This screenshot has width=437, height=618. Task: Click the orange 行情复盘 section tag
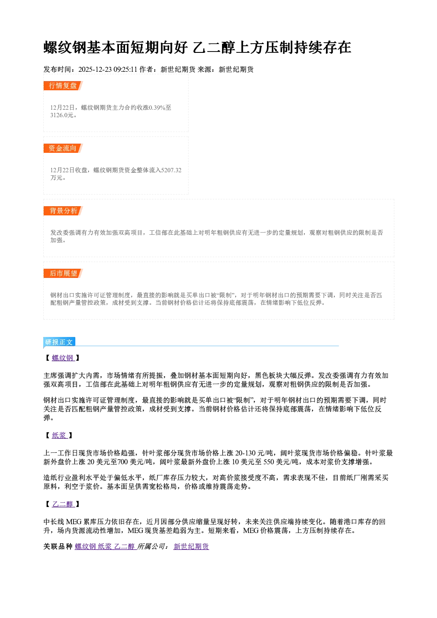click(63, 85)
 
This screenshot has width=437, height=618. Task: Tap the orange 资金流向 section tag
click(63, 148)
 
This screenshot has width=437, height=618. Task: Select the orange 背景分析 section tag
click(63, 211)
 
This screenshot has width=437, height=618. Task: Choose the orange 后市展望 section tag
click(63, 274)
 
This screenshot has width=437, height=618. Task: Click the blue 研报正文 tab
click(59, 342)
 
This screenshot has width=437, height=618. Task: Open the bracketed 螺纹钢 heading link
click(63, 358)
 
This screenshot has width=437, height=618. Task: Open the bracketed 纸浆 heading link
click(59, 435)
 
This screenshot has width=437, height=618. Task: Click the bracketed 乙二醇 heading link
click(63, 504)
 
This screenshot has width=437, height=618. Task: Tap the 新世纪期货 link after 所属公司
click(191, 546)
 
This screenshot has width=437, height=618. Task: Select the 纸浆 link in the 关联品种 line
click(104, 546)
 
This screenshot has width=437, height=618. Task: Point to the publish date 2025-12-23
click(95, 69)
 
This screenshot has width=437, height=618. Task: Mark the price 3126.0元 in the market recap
click(62, 115)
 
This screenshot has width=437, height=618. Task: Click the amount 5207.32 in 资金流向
click(171, 170)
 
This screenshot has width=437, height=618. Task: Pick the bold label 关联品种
click(58, 546)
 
